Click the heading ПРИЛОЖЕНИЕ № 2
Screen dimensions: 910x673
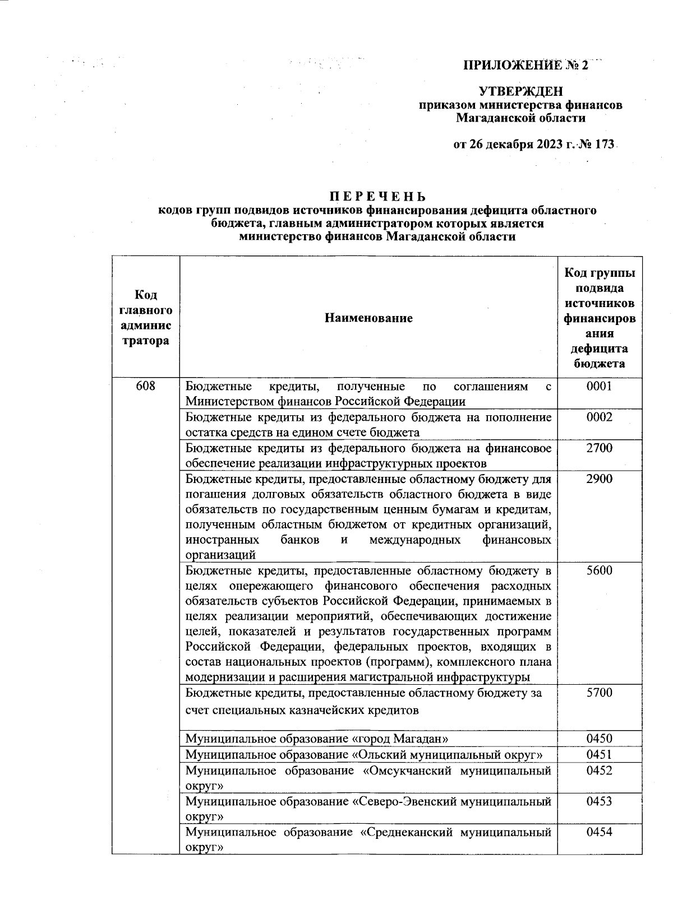point(526,66)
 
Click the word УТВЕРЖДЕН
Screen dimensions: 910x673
point(520,91)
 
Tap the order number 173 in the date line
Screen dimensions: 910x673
point(605,145)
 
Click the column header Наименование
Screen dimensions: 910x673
point(368,318)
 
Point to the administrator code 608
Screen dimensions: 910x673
point(145,387)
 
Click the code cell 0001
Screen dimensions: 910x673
point(599,387)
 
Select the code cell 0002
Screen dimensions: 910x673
point(599,417)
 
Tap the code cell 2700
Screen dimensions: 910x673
point(599,448)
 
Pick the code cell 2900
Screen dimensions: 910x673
point(599,479)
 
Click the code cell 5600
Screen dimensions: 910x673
point(599,571)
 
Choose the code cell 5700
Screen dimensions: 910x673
point(599,693)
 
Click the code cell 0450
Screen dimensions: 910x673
point(599,739)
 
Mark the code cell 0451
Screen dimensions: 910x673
point(599,755)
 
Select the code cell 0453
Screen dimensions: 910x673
point(599,801)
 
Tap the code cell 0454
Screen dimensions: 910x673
point(599,832)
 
